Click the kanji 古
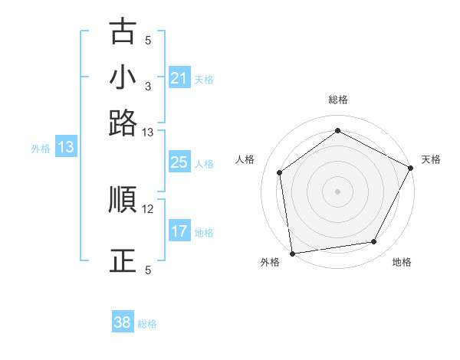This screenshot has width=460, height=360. [x=123, y=31]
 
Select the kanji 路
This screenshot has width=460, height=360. [x=123, y=123]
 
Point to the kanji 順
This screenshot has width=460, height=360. [x=123, y=200]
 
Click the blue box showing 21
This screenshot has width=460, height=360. [x=179, y=78]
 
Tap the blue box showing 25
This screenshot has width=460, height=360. [x=179, y=162]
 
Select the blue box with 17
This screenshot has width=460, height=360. [x=179, y=231]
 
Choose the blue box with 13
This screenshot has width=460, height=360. [x=65, y=147]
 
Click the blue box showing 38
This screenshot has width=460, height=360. [x=122, y=323]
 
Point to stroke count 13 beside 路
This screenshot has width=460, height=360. [x=148, y=133]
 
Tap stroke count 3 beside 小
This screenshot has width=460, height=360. [x=148, y=86]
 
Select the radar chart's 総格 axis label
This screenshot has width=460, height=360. [x=338, y=100]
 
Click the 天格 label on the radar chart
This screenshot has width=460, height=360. [x=431, y=159]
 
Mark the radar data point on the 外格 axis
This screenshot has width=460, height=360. [x=292, y=253]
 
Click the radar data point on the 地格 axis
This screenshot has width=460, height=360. [x=374, y=242]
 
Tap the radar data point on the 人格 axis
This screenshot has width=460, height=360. [x=280, y=172]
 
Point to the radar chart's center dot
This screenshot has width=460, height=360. [x=338, y=191]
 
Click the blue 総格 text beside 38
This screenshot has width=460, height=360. [x=147, y=324]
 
